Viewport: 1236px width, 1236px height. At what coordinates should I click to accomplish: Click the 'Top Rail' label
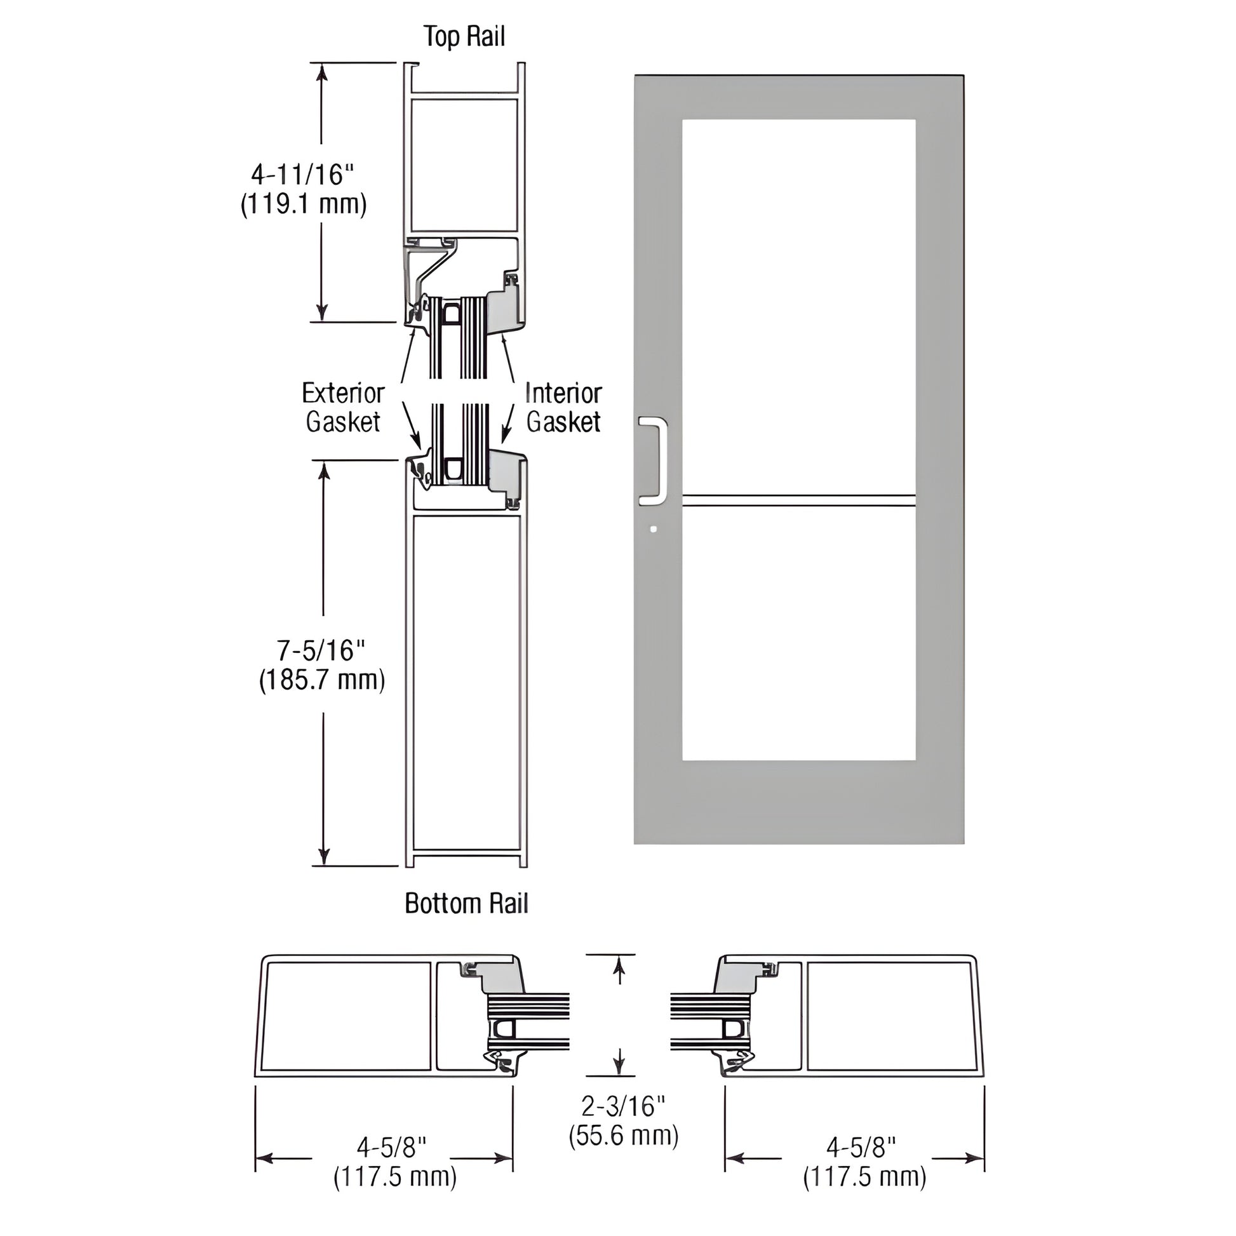[x=464, y=36]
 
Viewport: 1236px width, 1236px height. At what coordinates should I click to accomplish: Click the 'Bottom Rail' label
[x=466, y=903]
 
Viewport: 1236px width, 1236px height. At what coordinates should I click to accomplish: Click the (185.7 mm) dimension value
[x=322, y=680]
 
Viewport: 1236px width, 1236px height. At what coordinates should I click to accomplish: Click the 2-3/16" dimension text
[x=623, y=1106]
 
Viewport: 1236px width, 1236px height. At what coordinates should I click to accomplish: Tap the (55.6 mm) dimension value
[x=623, y=1136]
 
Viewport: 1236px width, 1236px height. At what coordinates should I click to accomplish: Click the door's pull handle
[x=654, y=460]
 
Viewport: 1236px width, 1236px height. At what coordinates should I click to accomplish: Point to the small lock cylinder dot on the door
[x=652, y=529]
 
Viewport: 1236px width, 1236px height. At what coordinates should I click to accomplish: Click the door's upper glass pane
[x=798, y=307]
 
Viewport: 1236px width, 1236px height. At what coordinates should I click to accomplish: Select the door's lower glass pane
[x=798, y=633]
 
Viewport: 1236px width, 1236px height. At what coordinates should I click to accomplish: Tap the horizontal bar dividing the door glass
[x=798, y=501]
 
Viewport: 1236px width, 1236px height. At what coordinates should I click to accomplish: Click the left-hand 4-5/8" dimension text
[x=391, y=1147]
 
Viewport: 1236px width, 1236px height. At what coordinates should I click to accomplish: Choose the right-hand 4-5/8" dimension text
[x=861, y=1147]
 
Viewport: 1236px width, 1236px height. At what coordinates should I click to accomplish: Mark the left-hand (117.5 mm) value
[x=394, y=1177]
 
